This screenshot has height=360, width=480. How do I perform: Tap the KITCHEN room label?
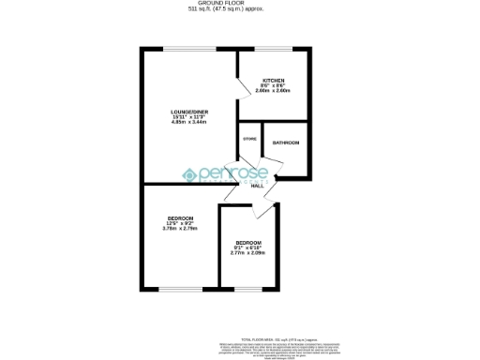(273, 81)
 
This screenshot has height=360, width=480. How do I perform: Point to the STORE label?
(249, 139)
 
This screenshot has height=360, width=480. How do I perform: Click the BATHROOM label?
(286, 142)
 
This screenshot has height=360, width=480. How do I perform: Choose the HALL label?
(257, 186)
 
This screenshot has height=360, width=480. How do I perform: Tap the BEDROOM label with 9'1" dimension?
(247, 242)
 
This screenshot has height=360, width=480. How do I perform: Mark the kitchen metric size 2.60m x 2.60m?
(273, 91)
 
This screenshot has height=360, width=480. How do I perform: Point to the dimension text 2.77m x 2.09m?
(247, 253)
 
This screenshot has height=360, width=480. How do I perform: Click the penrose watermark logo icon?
(187, 174)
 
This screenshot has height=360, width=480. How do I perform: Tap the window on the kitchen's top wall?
(274, 49)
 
